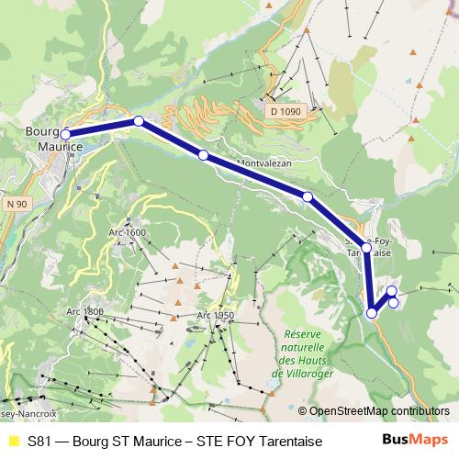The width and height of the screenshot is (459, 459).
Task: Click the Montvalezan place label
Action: [x=265, y=163]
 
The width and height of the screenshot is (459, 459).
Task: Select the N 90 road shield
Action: [x=14, y=202]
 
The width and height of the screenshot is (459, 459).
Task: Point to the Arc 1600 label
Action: [x=128, y=232]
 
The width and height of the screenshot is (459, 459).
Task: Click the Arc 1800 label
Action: [x=84, y=312]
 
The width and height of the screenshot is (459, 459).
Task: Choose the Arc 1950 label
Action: [x=216, y=316]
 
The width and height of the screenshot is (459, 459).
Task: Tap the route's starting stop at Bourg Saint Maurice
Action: [x=65, y=134]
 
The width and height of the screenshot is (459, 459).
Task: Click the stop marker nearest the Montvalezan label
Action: [x=204, y=155]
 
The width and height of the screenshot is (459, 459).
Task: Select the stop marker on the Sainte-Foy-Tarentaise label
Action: [x=366, y=247]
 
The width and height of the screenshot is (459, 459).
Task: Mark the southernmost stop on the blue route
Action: [x=372, y=313]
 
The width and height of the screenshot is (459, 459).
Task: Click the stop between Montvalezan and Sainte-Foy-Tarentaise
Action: [x=308, y=196]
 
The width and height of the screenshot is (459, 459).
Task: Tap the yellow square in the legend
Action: [x=13, y=442]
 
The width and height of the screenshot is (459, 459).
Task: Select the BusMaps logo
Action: [x=409, y=441]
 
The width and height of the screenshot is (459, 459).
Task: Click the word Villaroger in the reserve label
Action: [x=304, y=374]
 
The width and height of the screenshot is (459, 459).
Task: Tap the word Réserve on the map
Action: [x=304, y=335]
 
